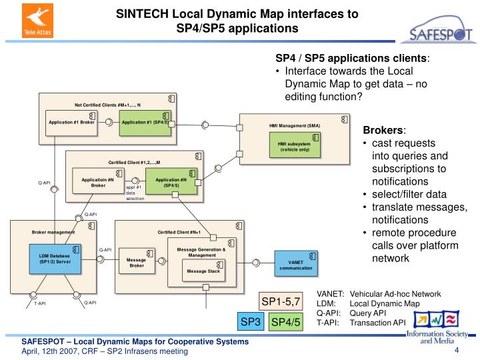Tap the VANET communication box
(x=295, y=265)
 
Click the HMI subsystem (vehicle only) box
(x=295, y=146)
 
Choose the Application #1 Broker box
(x=71, y=123)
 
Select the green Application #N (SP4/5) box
(x=171, y=182)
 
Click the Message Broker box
(x=136, y=263)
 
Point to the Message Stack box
(x=203, y=271)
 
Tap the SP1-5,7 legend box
(x=281, y=301)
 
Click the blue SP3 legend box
(x=251, y=322)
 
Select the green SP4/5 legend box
(x=287, y=323)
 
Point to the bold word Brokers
(x=384, y=130)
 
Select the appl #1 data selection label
(x=135, y=193)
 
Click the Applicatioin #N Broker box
(x=98, y=182)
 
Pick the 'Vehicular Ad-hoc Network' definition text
(x=395, y=294)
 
